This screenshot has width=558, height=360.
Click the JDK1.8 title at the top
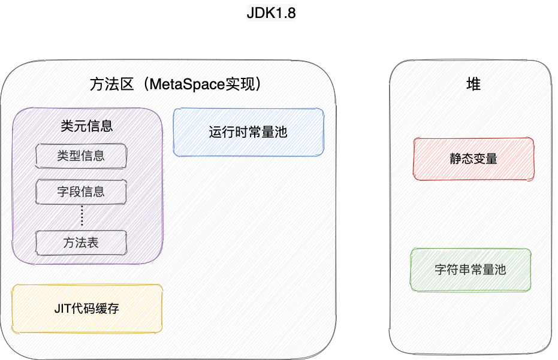(272, 14)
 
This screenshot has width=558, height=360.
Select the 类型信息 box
(81, 156)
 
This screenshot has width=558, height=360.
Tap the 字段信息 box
(81, 192)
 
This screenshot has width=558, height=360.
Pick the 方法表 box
(81, 243)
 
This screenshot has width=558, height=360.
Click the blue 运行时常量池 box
(248, 132)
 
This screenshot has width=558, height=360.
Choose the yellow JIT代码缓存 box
(86, 309)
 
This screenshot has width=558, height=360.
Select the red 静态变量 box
(473, 159)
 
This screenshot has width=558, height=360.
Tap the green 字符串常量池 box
(470, 270)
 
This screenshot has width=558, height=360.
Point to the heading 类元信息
(87, 126)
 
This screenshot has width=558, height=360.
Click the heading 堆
(473, 84)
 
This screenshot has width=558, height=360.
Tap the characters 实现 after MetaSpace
(239, 84)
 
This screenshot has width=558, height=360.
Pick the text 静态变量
(473, 159)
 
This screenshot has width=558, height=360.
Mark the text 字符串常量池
(470, 270)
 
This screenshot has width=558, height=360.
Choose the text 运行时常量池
(248, 132)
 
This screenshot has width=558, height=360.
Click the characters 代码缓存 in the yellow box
(96, 309)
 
